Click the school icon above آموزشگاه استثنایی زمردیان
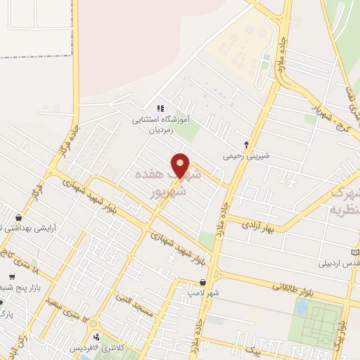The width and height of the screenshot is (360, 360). coord(160,108)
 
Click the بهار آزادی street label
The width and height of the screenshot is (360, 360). coord(259,224)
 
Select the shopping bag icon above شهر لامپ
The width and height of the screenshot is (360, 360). coord(202,281)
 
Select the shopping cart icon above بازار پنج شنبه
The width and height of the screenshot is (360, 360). coord(12,276)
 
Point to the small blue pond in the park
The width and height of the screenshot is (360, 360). coord(301,307)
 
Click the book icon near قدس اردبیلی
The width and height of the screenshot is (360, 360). coord(355,252)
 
